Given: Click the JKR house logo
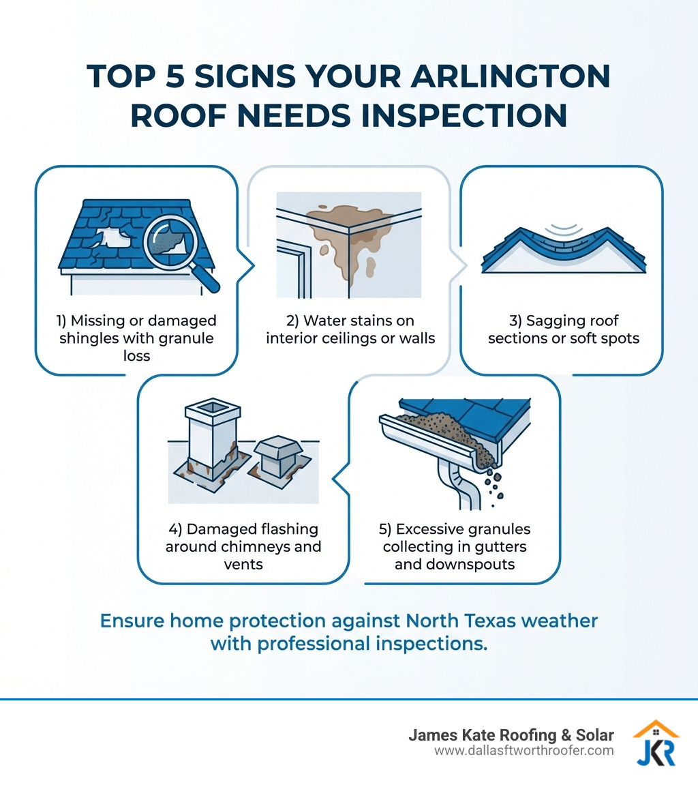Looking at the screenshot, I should tap(655, 743).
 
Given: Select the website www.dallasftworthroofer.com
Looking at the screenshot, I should tap(523, 750).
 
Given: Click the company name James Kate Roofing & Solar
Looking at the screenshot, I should tap(511, 735).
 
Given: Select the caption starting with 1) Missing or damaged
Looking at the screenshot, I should tap(137, 337).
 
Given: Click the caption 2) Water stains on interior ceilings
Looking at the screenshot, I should tap(350, 329).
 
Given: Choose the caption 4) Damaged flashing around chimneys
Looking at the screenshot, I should tap(243, 547).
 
